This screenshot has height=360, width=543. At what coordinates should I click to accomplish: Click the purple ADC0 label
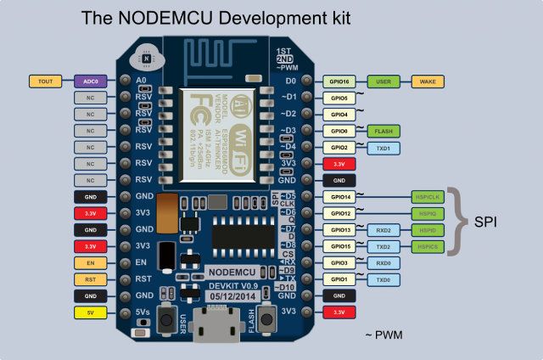pos(89,82)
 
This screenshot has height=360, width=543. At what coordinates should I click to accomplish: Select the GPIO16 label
pos(339,82)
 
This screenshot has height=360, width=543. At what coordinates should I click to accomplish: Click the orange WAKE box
pos(428,82)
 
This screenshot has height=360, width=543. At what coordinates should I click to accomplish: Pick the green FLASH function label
pos(383,131)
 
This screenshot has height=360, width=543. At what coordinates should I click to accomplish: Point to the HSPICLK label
pos(428,197)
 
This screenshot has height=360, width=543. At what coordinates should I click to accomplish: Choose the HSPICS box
pos(428,246)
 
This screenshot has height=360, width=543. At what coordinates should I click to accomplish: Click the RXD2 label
pos(383,230)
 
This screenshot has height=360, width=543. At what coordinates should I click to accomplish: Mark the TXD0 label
pos(383,279)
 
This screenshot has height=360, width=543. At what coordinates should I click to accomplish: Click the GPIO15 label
pos(339,246)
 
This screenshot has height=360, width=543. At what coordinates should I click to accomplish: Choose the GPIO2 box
pos(339,148)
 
